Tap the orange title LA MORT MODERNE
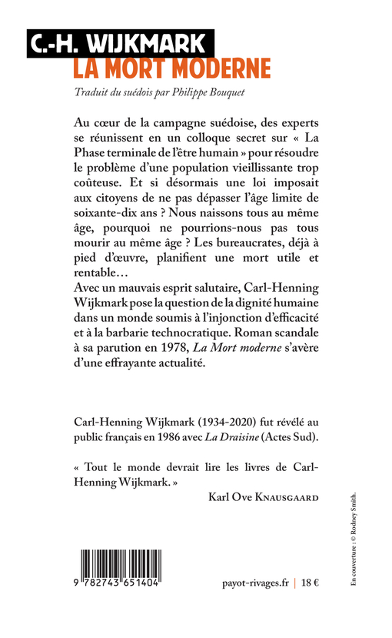[x=172, y=68]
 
